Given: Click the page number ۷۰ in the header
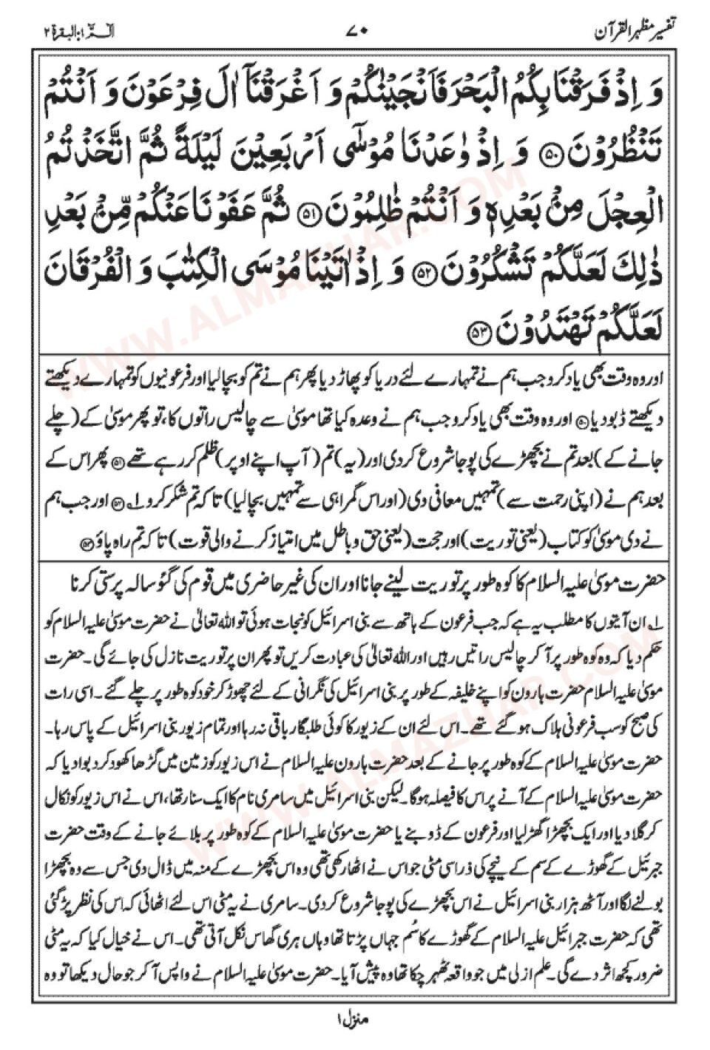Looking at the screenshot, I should click(x=356, y=32).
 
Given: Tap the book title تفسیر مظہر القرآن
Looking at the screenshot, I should click(x=638, y=31).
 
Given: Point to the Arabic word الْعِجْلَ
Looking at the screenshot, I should click(x=641, y=216).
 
